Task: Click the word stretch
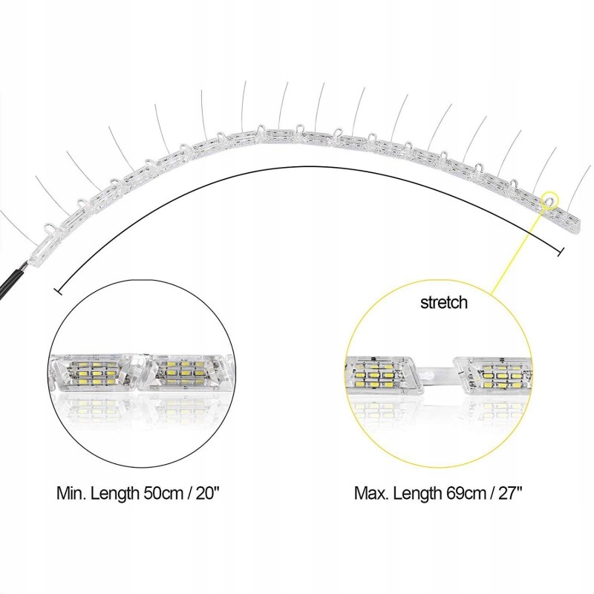(444, 302)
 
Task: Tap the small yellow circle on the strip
(549, 199)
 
